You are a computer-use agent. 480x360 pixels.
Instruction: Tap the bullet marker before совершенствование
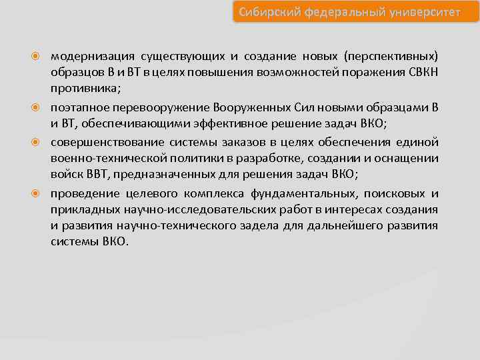tap(39, 141)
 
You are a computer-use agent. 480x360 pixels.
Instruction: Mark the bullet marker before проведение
tap(39, 193)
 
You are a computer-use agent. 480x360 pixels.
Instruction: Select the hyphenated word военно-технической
tap(102, 158)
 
